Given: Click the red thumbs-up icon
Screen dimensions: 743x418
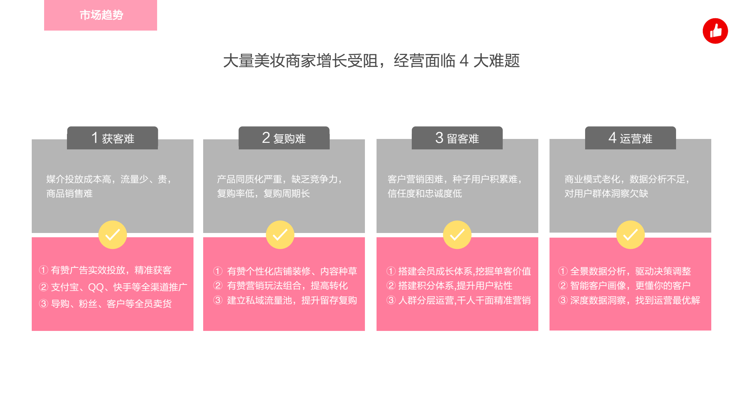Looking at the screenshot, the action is [715, 31].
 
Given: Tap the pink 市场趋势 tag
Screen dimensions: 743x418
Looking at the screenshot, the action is [101, 15].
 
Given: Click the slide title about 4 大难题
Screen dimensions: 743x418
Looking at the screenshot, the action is [371, 61].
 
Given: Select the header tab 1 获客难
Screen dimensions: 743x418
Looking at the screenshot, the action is [113, 138].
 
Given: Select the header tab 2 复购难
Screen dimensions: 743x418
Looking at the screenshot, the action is [284, 138].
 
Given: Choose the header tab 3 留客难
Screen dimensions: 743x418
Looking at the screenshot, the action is [457, 138].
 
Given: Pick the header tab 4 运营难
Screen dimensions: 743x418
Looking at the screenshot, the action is [630, 138].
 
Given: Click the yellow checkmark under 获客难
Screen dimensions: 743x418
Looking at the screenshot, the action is [113, 235].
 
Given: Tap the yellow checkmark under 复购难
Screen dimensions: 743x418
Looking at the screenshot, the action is [280, 235].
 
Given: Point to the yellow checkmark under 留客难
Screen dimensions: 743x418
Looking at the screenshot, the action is [457, 235].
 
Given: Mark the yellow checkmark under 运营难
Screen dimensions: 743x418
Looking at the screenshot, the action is [630, 235].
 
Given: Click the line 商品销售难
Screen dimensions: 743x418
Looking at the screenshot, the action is [70, 194].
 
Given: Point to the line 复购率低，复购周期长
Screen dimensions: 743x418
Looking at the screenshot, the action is [264, 194].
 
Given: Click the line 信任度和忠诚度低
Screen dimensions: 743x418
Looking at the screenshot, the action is [425, 194].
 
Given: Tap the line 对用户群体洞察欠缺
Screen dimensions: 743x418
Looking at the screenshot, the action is [606, 194].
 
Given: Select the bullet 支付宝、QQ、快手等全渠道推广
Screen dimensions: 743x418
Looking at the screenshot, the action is [113, 287].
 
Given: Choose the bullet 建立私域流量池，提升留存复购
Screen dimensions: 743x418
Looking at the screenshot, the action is [285, 300].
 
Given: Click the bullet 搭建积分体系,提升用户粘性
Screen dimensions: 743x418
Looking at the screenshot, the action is [450, 286].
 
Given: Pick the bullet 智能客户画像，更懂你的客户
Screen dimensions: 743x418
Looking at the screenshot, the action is [625, 286].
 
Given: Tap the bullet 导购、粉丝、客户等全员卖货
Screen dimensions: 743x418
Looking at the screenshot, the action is [105, 304].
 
